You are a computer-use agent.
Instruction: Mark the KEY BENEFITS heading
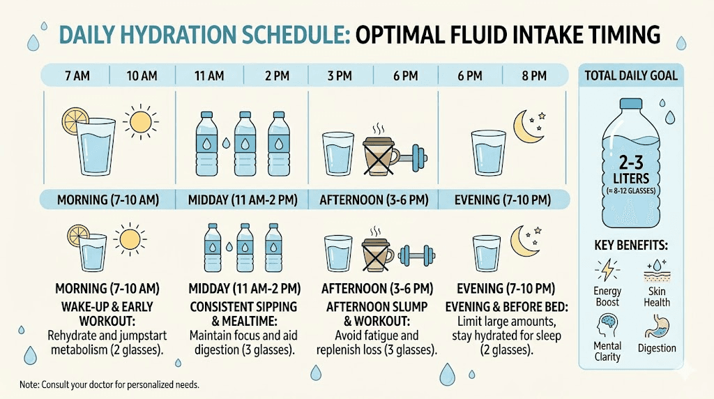(x=630, y=246)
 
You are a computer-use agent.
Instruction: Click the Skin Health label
(x=657, y=296)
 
